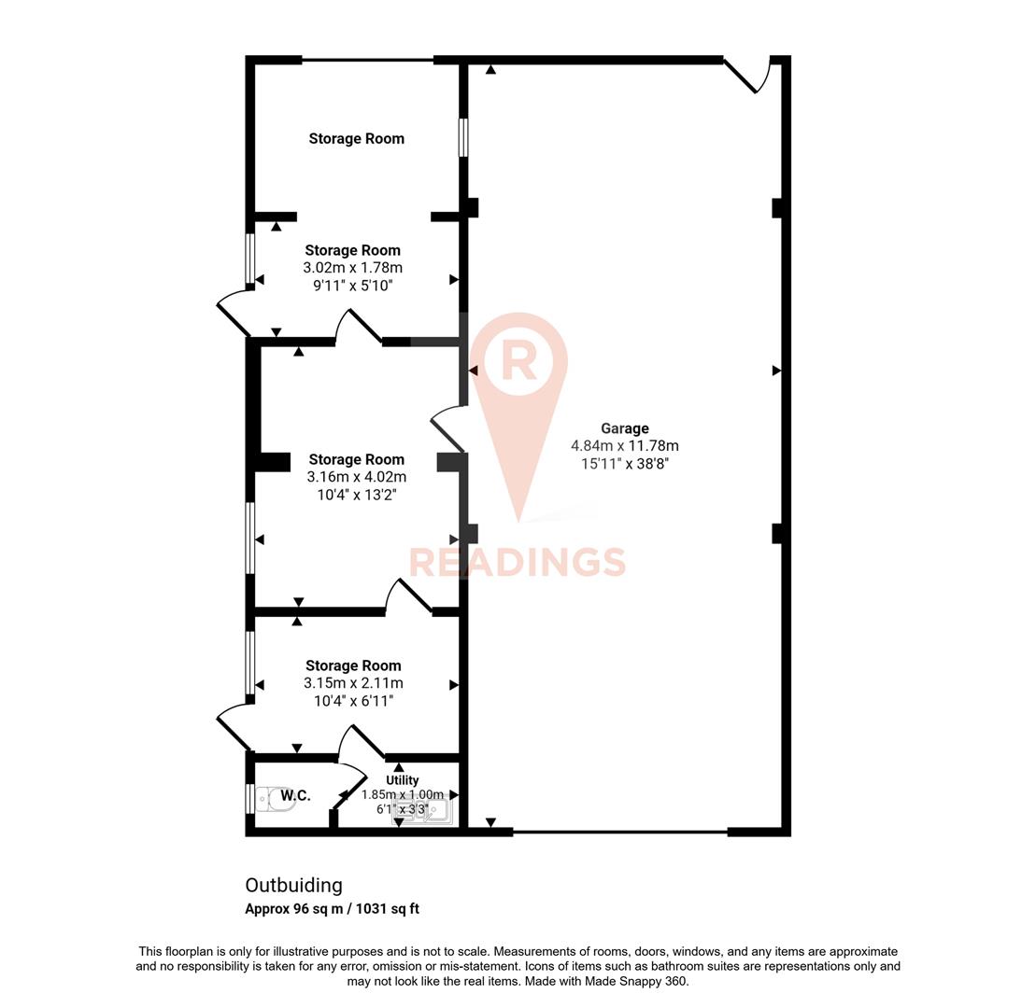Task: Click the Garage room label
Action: click(624, 428)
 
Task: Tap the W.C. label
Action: click(295, 795)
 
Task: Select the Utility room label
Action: click(403, 779)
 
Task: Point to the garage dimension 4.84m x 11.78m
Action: click(624, 446)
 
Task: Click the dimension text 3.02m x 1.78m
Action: click(352, 267)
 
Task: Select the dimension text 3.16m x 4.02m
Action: click(356, 477)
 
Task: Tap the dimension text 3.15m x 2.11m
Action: click(353, 683)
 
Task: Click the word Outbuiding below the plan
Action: click(293, 885)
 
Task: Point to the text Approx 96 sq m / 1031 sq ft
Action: click(332, 908)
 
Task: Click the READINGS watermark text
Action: click(518, 563)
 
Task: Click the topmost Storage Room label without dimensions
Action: click(356, 138)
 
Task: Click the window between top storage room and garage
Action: click(462, 137)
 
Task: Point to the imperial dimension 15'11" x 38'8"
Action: click(624, 463)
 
